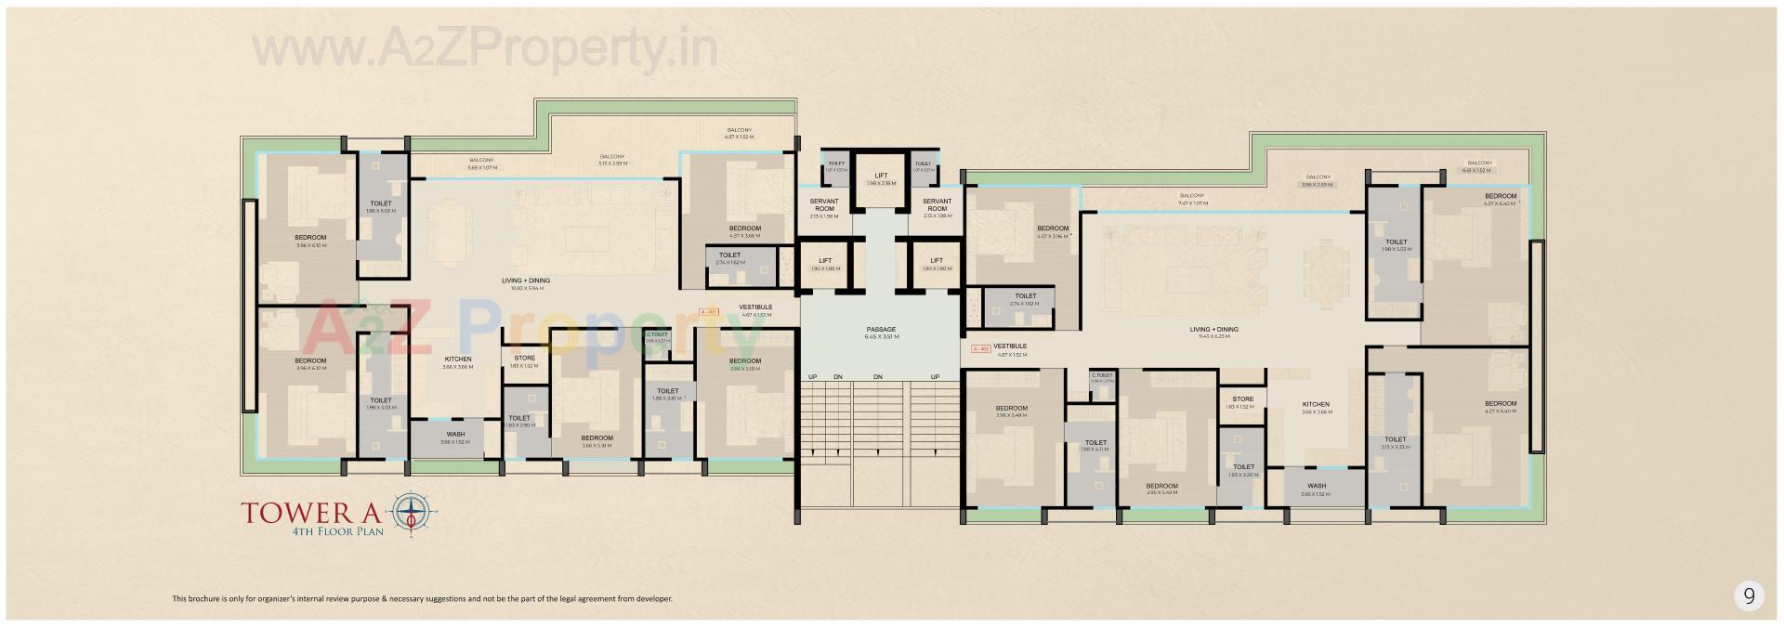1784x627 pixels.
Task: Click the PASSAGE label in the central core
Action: point(881,329)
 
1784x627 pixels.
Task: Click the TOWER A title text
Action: point(315,513)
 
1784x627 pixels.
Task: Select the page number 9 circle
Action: point(1749,596)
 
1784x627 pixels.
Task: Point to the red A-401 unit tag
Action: point(709,312)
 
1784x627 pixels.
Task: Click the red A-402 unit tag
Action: point(979,349)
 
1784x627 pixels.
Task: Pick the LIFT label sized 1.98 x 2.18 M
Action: point(881,176)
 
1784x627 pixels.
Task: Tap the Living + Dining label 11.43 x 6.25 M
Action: point(1213,330)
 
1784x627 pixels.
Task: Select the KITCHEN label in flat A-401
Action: point(457,359)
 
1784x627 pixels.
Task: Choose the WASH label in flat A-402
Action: point(1316,486)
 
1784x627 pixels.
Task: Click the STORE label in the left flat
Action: point(524,358)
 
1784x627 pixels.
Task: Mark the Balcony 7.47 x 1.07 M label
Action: point(1192,196)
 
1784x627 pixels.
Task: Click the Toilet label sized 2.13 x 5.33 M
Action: point(1395,440)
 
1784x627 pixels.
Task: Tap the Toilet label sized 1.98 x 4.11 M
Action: point(1095,443)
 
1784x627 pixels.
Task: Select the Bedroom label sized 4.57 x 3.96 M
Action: point(1053,229)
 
